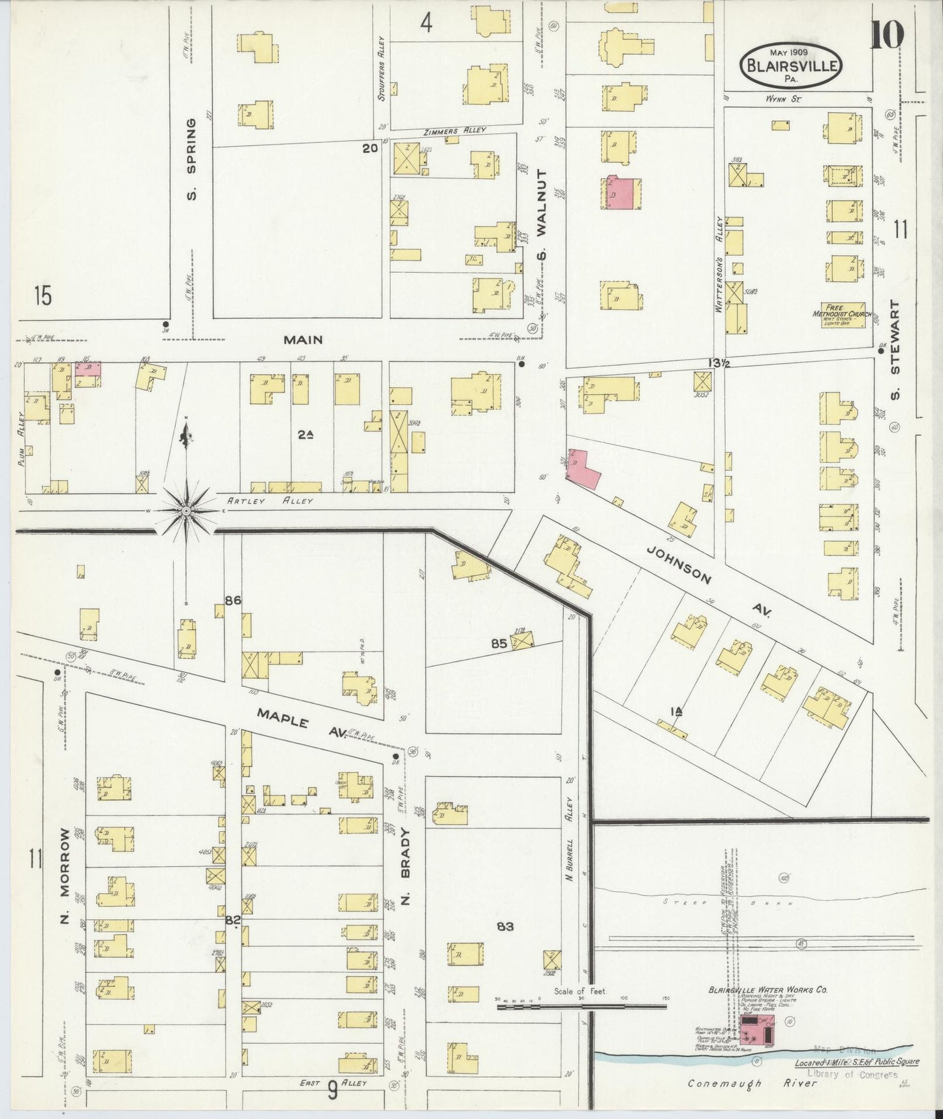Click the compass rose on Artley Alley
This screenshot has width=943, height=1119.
(186, 509)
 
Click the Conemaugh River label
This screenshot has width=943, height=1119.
(752, 1083)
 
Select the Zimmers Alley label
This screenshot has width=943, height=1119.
(455, 131)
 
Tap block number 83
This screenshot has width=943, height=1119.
(505, 925)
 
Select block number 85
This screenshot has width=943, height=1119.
(499, 643)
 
